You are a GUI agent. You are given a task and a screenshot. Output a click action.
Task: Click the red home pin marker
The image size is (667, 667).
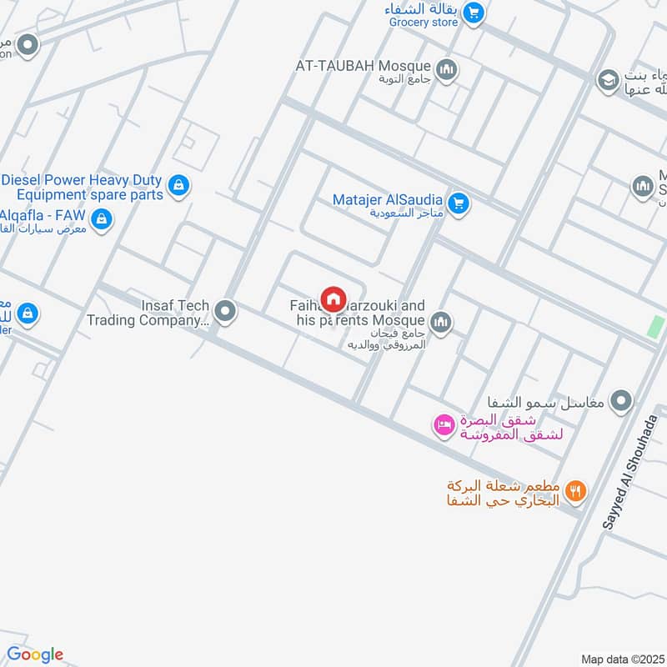pyautogui.click(x=333, y=298)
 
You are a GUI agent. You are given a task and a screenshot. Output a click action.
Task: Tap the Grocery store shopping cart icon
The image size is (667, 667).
pyautogui.click(x=474, y=13)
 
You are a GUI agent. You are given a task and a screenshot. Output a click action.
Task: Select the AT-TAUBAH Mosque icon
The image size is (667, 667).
pyautogui.click(x=448, y=70)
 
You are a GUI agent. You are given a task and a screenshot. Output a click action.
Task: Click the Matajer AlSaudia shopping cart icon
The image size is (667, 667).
pyautogui.click(x=458, y=203)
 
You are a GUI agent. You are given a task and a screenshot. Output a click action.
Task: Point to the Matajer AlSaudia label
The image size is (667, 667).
pyautogui.click(x=388, y=200)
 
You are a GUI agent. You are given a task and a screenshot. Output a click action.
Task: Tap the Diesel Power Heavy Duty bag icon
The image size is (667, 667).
pyautogui.click(x=178, y=186)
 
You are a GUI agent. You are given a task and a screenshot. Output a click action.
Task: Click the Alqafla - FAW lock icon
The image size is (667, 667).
pyautogui.click(x=102, y=219)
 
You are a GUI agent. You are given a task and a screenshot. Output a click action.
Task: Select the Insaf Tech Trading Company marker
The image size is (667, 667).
pyautogui.click(x=224, y=313)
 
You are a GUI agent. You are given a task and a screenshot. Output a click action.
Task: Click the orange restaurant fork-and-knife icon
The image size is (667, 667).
pyautogui.click(x=574, y=490)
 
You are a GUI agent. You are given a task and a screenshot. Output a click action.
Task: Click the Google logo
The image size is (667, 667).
pyautogui.click(x=35, y=654)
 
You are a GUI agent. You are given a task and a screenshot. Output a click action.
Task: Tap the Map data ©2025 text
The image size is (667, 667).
pyautogui.click(x=621, y=659)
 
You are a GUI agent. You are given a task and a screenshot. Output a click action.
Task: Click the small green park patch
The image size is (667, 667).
pyautogui.click(x=656, y=328)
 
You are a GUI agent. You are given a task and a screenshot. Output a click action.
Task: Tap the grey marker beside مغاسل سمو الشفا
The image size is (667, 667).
pyautogui.click(x=619, y=402)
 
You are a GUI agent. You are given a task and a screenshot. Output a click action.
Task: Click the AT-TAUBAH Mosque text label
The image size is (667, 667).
pyautogui.click(x=363, y=66)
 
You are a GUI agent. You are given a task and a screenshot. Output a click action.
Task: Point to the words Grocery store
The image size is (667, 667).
pyautogui.click(x=424, y=23)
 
